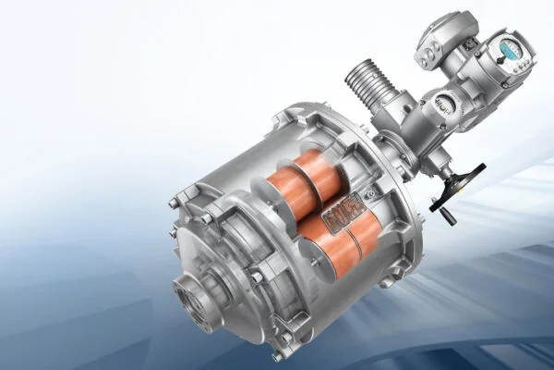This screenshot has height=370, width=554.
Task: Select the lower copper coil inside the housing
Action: [x=343, y=238]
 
